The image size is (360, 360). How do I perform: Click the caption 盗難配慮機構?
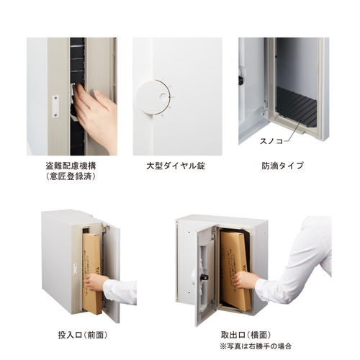71,166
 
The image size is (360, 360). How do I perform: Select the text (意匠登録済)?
71,176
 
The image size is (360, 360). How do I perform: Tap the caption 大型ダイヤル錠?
176,166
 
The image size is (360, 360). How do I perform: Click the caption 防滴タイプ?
282,166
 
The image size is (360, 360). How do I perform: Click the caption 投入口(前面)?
83,335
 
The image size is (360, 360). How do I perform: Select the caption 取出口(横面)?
246,334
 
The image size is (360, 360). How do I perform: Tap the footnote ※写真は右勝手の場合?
256,346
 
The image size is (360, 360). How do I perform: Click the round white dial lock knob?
153,97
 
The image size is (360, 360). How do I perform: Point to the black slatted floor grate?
297,107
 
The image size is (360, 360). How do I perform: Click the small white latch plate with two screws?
55,107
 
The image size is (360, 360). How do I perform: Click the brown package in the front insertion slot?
91,274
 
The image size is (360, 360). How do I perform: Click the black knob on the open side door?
204,277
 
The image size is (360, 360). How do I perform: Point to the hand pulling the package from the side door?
245,279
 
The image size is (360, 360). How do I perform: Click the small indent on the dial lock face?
163,96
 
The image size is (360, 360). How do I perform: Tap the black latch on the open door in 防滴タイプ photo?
240,81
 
